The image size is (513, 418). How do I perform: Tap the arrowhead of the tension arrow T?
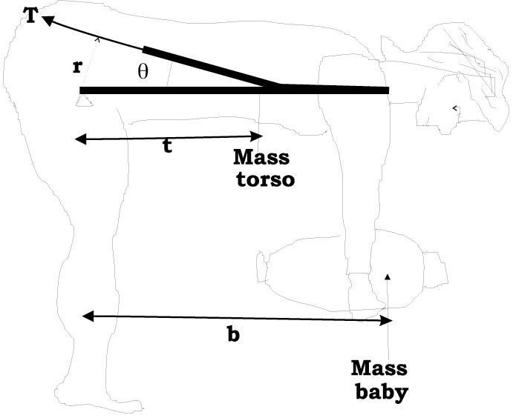click(x=47, y=23)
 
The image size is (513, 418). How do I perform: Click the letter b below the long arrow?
click(x=233, y=334)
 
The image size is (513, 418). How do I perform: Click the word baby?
click(x=379, y=391)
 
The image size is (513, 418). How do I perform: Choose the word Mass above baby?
click(x=379, y=368)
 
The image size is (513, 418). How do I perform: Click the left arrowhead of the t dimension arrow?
click(x=79, y=139)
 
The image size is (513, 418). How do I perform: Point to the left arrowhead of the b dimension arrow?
click(x=87, y=316)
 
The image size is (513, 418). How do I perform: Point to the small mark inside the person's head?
click(x=454, y=109)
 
